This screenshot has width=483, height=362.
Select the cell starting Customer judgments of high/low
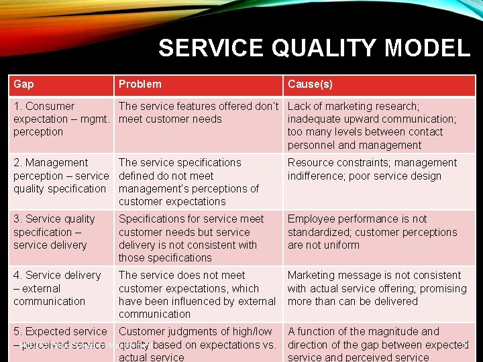[197, 344]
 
